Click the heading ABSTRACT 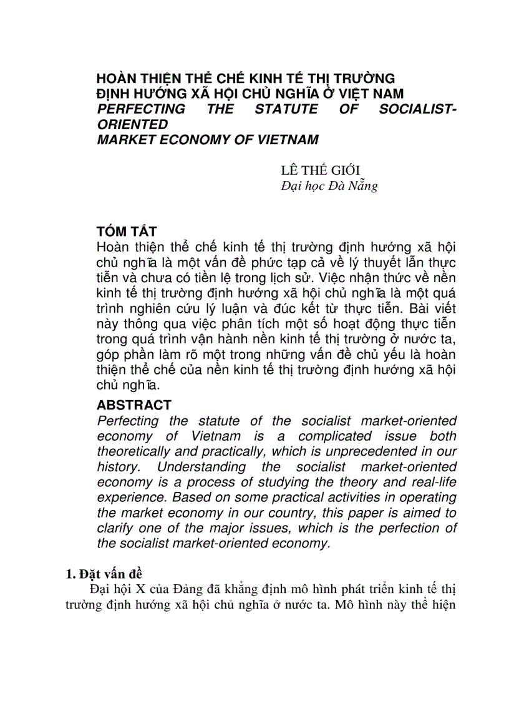coord(133,405)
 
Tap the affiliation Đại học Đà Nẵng coord(329,185)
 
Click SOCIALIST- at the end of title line coord(417,109)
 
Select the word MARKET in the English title coord(122,140)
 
